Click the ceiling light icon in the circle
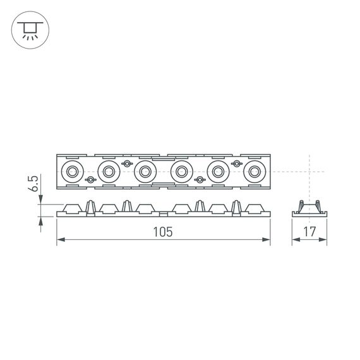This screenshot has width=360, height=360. point(29,30)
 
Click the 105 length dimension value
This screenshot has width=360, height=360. point(162,232)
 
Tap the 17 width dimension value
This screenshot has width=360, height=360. point(309,232)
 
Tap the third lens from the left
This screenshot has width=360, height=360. point(145,171)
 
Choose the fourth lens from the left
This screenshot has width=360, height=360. point(182,171)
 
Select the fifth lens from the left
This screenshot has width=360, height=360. point(219,171)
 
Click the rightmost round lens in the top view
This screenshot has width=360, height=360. point(255,171)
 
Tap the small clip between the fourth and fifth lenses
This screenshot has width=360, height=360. point(200,180)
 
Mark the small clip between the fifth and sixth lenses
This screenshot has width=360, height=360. point(237,164)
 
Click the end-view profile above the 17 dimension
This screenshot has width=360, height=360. point(309,209)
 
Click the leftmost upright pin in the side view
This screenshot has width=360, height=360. point(90,207)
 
